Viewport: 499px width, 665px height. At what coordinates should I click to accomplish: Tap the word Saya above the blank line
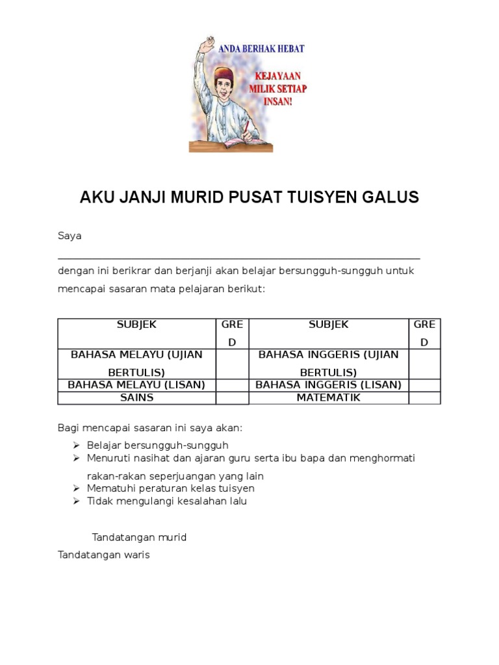pos(70,236)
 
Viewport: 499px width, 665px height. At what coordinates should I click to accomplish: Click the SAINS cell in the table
pos(136,397)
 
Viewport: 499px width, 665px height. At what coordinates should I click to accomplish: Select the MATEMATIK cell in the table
pos(328,397)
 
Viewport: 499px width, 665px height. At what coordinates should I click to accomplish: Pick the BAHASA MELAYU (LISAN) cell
pos(136,384)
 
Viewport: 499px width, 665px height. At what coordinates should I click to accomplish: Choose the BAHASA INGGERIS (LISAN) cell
pos(328,384)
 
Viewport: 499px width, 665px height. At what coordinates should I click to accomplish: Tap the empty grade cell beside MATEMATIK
pos(424,397)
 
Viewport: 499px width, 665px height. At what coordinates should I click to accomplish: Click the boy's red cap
pos(223,73)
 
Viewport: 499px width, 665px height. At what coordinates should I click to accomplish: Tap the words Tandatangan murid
pos(139,537)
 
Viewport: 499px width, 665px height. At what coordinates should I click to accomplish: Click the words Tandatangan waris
pos(104,555)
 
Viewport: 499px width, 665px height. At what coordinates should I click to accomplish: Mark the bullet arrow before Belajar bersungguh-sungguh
pos(76,445)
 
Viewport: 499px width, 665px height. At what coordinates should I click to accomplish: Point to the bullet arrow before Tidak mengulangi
pos(76,501)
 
